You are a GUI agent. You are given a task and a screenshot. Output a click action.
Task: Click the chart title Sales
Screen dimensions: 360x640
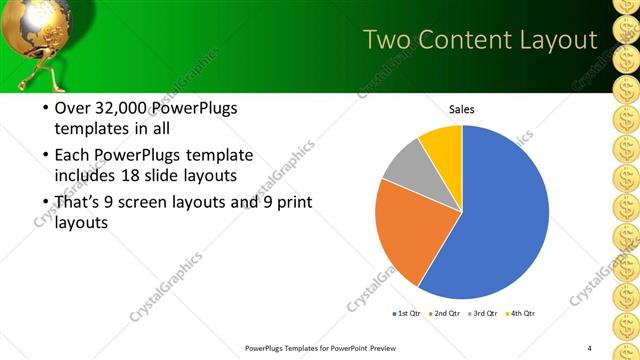click(461, 109)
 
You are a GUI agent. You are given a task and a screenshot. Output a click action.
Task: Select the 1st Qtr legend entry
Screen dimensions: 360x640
click(407, 314)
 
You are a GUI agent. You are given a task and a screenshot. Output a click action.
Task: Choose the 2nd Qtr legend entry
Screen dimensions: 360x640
click(444, 314)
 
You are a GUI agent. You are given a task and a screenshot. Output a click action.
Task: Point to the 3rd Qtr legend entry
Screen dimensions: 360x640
click(483, 314)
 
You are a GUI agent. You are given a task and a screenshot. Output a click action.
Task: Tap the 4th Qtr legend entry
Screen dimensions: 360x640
click(521, 314)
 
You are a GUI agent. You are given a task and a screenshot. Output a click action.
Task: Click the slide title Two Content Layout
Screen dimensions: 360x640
click(479, 40)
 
